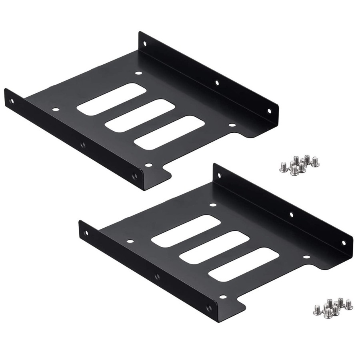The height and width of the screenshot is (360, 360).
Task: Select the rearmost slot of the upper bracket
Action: pos(100,100)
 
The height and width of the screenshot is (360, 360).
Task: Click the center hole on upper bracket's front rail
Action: pos(82,144)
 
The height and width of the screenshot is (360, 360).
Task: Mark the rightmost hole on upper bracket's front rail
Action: pos(134,175)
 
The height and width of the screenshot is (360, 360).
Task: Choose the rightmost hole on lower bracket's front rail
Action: pos(208,308)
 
